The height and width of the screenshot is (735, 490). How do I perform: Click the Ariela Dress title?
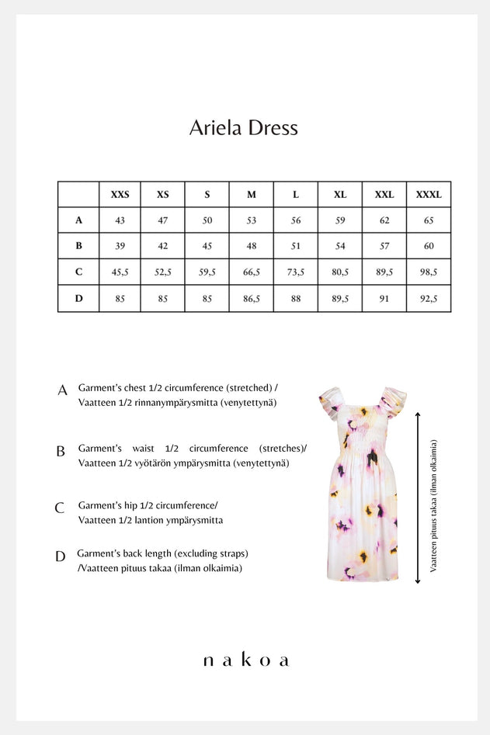(x=244, y=128)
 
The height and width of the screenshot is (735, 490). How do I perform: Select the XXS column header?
(x=120, y=195)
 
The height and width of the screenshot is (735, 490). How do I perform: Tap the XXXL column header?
(x=428, y=195)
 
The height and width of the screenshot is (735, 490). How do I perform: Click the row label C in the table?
(x=78, y=272)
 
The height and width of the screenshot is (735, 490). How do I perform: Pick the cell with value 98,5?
(x=428, y=272)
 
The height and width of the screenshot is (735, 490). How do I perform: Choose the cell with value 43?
(x=120, y=220)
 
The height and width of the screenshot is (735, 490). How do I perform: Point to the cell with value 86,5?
(x=251, y=299)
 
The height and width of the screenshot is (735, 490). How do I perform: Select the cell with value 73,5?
(x=295, y=272)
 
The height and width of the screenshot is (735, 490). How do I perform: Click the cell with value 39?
(x=120, y=246)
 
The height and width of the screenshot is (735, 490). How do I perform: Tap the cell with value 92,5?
(x=428, y=299)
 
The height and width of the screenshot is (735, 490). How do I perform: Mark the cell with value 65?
(x=428, y=220)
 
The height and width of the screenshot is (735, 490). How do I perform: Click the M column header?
(x=251, y=195)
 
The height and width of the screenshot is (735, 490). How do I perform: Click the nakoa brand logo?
(x=245, y=660)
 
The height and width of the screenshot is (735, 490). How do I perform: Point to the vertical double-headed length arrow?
(x=419, y=497)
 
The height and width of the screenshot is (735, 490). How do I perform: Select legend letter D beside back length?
(x=61, y=556)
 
